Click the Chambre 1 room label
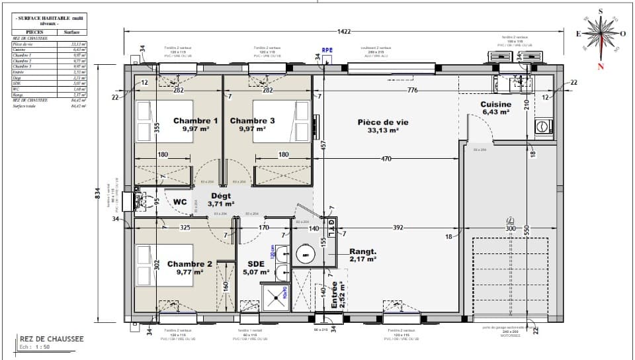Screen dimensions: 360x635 tap(195, 121)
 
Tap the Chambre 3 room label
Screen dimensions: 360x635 tap(252, 121)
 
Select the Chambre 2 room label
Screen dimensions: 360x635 tap(189, 263)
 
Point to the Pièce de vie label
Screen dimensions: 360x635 tap(383, 122)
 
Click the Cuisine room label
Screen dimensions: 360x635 tap(495, 105)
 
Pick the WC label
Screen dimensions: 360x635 tap(181, 202)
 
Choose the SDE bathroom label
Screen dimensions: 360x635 tap(256, 263)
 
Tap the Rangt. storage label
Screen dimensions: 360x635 tap(362, 251)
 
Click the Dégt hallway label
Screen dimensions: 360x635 tap(220, 197)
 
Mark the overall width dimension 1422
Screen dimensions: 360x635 tap(343, 31)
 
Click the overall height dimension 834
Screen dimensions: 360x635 tap(98, 193)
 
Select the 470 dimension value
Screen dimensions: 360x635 tap(387, 159)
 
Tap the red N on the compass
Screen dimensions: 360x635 tap(601, 66)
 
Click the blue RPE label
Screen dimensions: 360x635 tap(327, 50)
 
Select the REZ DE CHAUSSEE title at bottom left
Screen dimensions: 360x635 tap(52, 339)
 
